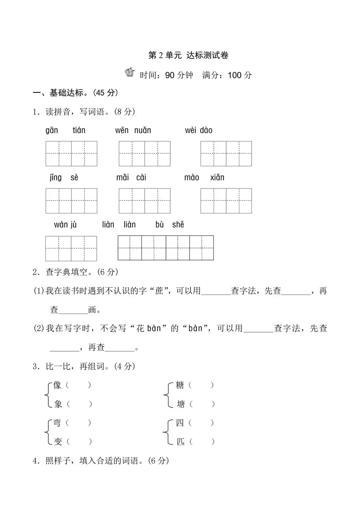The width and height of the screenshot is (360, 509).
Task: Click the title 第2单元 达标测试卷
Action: pyautogui.click(x=188, y=55)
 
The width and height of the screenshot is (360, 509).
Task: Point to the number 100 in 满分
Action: pyautogui.click(x=234, y=75)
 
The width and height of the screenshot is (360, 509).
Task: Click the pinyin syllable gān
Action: pyautogui.click(x=52, y=130)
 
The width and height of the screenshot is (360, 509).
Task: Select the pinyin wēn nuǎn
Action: pyautogui.click(x=133, y=130)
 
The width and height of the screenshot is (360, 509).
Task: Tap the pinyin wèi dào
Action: pyautogui.click(x=199, y=130)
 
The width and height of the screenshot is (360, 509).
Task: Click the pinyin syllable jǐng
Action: pyautogui.click(x=56, y=177)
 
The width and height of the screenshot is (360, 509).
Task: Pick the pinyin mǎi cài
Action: pyautogui.click(x=131, y=177)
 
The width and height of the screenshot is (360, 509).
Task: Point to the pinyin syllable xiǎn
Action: pyautogui.click(x=217, y=177)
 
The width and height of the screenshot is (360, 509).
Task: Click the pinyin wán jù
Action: pyautogui.click(x=65, y=225)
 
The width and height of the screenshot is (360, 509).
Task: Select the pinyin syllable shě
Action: pyautogui.click(x=178, y=225)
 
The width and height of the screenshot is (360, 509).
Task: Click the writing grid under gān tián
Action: pyautogui.click(x=71, y=154)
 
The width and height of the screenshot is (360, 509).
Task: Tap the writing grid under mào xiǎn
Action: pyautogui.click(x=226, y=201)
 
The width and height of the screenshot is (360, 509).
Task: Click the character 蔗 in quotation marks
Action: pyautogui.click(x=159, y=290)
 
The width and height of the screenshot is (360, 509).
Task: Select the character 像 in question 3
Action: pyautogui.click(x=57, y=385)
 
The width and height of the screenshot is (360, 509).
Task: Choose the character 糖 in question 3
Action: pyautogui.click(x=180, y=385)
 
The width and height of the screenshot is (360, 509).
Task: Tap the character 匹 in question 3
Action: pyautogui.click(x=180, y=441)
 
